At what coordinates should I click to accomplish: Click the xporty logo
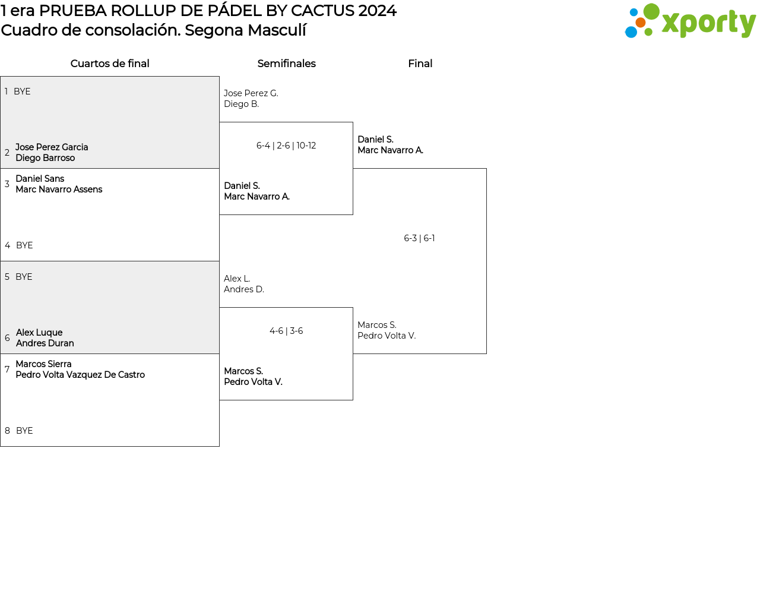click(690, 21)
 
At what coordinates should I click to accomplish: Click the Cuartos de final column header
click(110, 64)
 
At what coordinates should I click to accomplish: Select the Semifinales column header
click(286, 64)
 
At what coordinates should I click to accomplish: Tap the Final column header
click(420, 64)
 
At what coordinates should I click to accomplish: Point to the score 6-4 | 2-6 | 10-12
click(286, 146)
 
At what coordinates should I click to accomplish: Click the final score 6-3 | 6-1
click(419, 238)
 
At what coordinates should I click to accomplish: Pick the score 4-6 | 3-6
click(286, 331)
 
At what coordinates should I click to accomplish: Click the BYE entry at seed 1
click(22, 91)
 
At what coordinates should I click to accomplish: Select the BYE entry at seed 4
click(24, 245)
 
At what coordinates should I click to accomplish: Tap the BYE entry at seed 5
click(24, 277)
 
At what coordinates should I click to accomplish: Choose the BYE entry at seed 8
click(24, 431)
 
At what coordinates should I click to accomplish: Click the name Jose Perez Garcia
click(52, 147)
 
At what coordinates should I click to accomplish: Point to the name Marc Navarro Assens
click(59, 190)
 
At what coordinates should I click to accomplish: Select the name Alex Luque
click(39, 333)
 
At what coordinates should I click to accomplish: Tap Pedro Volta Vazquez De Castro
click(80, 375)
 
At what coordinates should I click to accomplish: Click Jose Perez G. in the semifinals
click(251, 93)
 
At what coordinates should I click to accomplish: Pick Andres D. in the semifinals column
click(243, 289)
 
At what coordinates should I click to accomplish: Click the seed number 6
click(7, 338)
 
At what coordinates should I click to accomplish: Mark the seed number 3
click(7, 184)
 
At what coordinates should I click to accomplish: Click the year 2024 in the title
click(377, 11)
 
